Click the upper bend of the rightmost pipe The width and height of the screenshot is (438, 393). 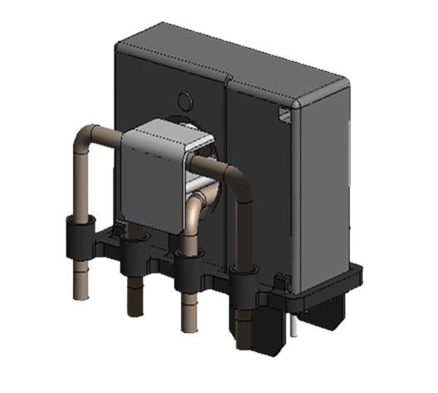click(x=235, y=177)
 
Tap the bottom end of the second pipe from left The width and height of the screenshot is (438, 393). click(x=134, y=309)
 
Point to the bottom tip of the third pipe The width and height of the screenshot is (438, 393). click(x=189, y=327)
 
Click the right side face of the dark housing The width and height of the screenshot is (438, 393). click(x=320, y=183)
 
